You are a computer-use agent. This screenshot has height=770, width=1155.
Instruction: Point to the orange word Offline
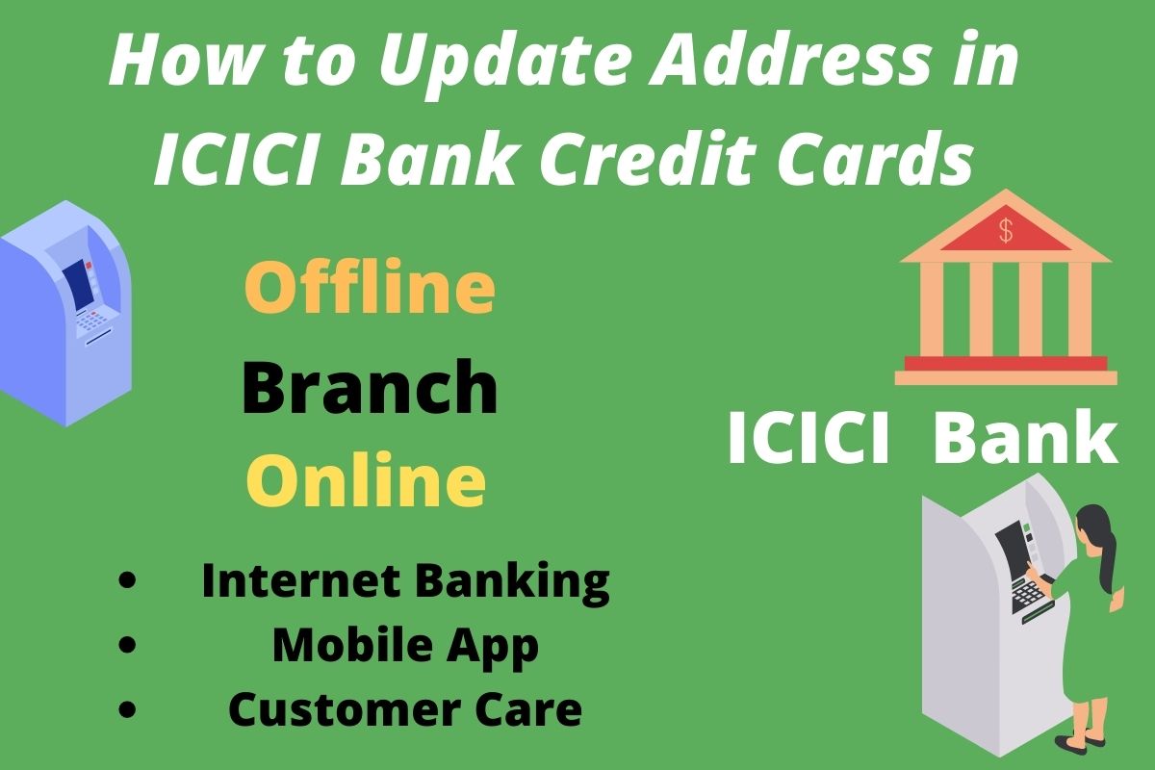370,285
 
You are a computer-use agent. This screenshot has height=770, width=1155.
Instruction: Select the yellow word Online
366,480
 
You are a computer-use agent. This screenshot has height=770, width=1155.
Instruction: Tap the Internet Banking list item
406,581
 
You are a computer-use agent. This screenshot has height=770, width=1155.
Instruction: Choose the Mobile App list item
405,646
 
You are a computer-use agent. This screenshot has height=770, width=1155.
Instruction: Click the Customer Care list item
405,708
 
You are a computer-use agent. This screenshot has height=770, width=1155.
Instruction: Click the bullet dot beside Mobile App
127,645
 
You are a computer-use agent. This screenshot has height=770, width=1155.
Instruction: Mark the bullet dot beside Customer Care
127,708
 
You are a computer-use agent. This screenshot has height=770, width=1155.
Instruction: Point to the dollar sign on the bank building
1006,230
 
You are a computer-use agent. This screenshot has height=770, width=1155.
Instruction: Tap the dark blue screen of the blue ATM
78,284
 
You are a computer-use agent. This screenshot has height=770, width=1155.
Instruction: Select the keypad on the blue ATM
92,321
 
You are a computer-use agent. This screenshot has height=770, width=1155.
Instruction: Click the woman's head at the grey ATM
1091,525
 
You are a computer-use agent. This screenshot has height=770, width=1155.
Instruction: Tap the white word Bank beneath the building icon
1026,437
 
